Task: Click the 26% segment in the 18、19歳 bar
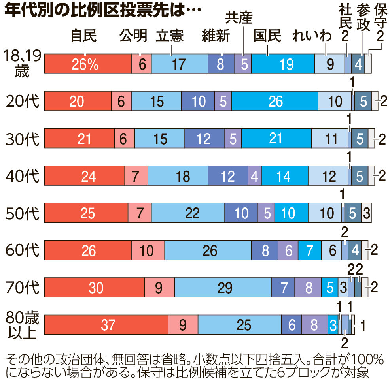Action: (x=87, y=64)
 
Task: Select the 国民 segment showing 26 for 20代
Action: (x=275, y=101)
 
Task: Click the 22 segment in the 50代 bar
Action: (x=188, y=213)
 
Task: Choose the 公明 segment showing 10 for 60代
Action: (x=148, y=250)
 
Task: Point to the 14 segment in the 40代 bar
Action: (x=284, y=176)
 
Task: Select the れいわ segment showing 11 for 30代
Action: (x=330, y=139)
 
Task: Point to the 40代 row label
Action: (x=23, y=176)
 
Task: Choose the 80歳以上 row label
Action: (x=23, y=325)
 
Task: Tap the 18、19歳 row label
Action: (x=23, y=63)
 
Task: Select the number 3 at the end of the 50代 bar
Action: (x=367, y=213)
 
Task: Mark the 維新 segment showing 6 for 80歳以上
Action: (x=292, y=325)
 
